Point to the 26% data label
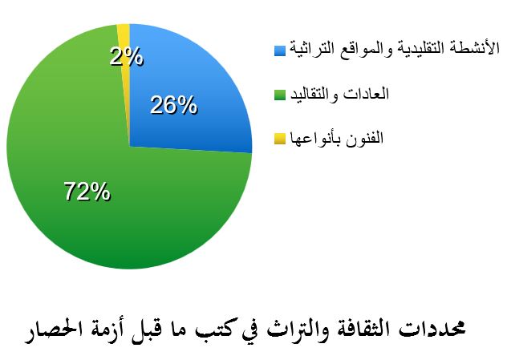coord(173,105)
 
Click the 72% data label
coord(87,192)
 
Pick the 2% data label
coord(127,57)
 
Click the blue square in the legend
coord(280,50)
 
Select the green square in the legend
coord(280,95)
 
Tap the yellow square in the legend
coord(280,139)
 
